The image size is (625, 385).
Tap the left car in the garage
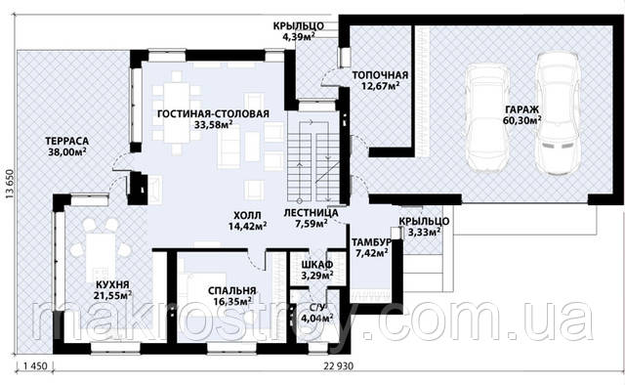(488, 116)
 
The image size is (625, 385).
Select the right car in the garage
(557, 113)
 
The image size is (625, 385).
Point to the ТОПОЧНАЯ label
(380, 75)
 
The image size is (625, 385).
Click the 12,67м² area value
(381, 85)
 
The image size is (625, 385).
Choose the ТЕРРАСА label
(67, 142)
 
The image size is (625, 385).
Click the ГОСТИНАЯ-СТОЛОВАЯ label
(213, 113)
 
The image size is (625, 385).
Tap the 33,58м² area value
(214, 124)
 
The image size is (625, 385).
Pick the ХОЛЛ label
(247, 216)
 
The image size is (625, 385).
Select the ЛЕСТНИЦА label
(311, 213)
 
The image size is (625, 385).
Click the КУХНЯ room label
(112, 285)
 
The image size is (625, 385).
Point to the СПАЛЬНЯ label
(232, 291)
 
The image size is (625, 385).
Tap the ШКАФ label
(317, 265)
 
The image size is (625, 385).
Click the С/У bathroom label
(316, 308)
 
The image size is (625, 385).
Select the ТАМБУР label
(370, 242)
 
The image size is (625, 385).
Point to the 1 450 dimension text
(35, 365)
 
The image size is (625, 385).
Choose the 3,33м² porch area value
(424, 232)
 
